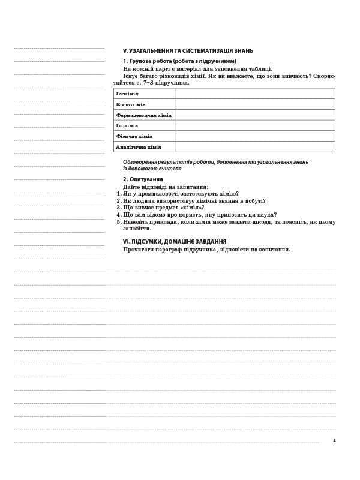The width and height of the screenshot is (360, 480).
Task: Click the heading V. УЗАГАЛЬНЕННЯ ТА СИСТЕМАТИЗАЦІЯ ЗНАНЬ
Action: pos(188,51)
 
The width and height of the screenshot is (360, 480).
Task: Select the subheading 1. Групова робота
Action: pos(179,61)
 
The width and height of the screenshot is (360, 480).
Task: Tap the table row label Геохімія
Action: pos(128,94)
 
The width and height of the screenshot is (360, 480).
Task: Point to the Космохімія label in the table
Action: pos(131,104)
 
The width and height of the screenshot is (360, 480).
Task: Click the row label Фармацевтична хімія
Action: pos(144,115)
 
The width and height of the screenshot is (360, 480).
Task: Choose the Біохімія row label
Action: pos(127,125)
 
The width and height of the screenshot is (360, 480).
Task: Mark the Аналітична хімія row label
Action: pos(139,147)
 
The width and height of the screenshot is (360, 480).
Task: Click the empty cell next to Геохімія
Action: pos(255,94)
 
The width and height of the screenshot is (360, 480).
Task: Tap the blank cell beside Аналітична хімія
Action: pos(255,147)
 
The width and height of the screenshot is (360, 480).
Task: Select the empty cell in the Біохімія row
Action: pos(255,125)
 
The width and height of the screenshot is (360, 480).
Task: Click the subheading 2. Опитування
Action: pos(143,179)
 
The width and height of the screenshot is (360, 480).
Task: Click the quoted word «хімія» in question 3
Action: pos(183,208)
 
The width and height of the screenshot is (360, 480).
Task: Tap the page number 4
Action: pos(334,441)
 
